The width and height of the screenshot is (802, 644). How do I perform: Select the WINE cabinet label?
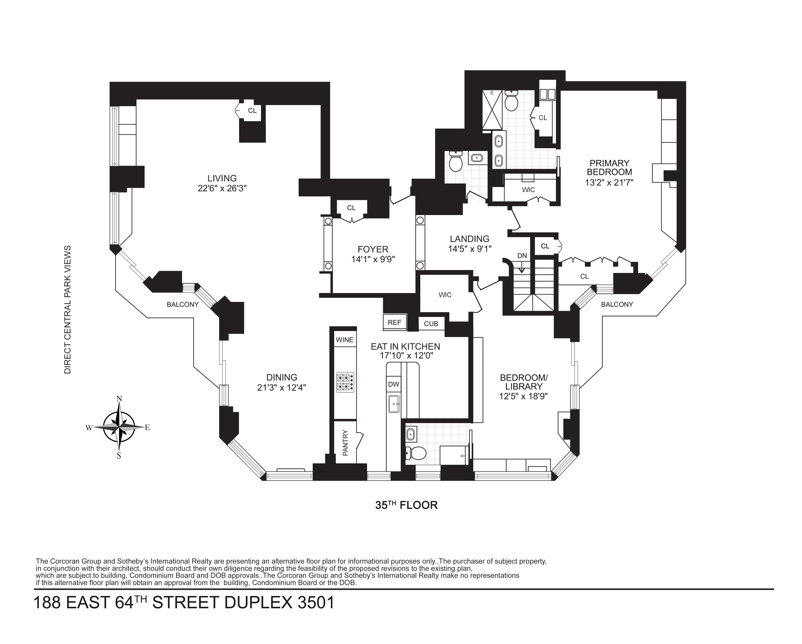344,340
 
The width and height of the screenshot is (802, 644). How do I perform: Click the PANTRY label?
345,443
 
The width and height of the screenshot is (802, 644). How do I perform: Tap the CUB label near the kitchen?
431,324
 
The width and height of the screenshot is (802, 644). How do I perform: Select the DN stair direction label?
522,256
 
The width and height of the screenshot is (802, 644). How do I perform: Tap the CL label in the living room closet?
252,111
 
